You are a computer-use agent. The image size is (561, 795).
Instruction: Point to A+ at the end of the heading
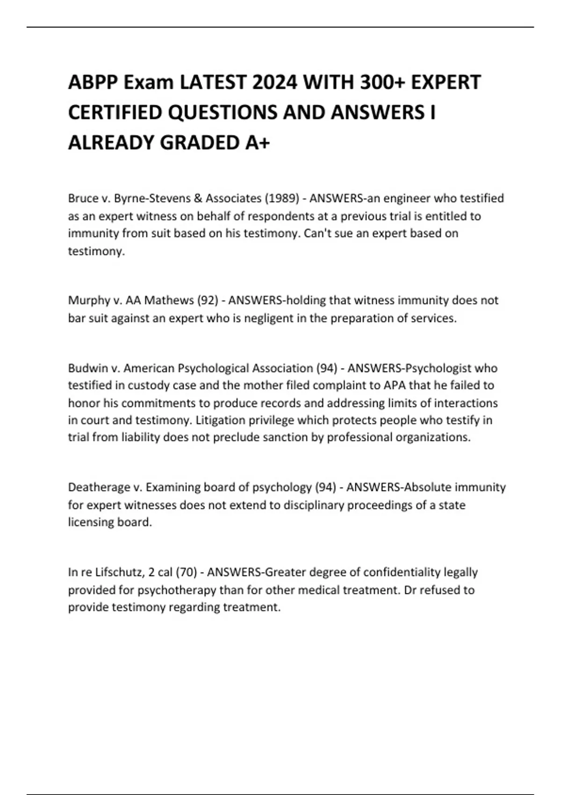tap(257, 142)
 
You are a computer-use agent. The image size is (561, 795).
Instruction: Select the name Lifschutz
tap(116, 572)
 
